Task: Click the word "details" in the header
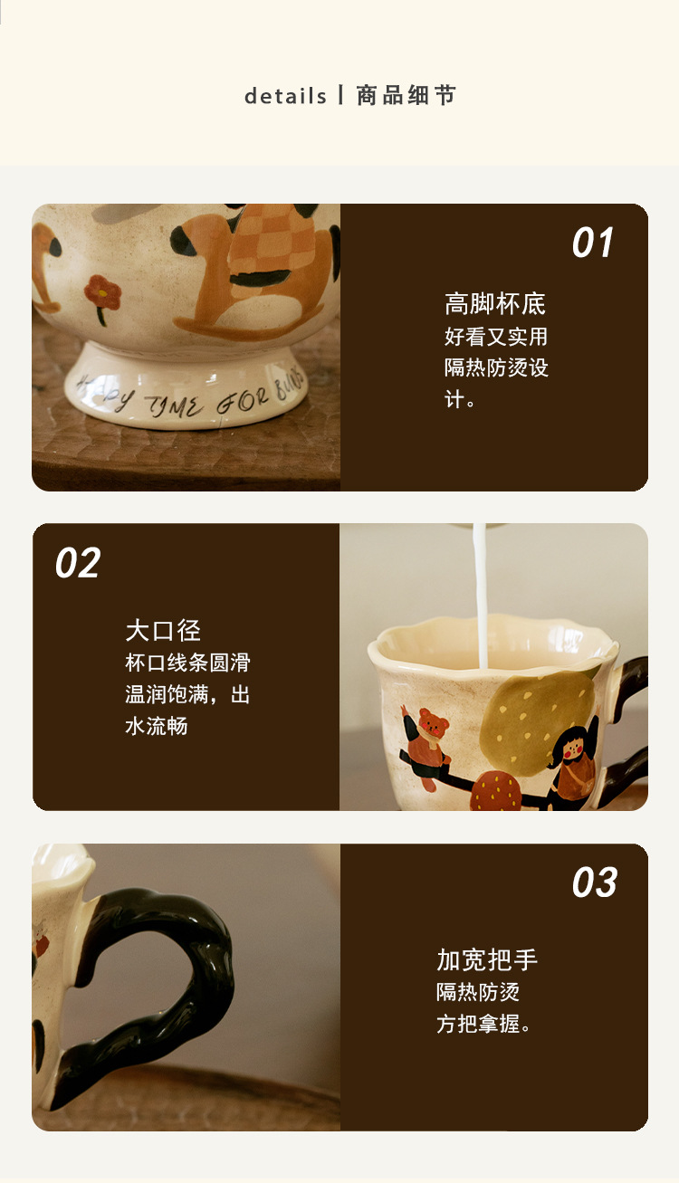point(285,96)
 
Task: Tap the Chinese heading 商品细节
point(406,96)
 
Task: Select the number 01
point(592,243)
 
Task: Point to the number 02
point(78,562)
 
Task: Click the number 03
point(595,882)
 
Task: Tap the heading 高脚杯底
point(494,304)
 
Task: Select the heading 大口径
point(163,631)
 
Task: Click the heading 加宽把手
point(487,959)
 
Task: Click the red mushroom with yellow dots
point(495,790)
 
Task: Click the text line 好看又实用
point(495,337)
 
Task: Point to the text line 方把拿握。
point(483,1024)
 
